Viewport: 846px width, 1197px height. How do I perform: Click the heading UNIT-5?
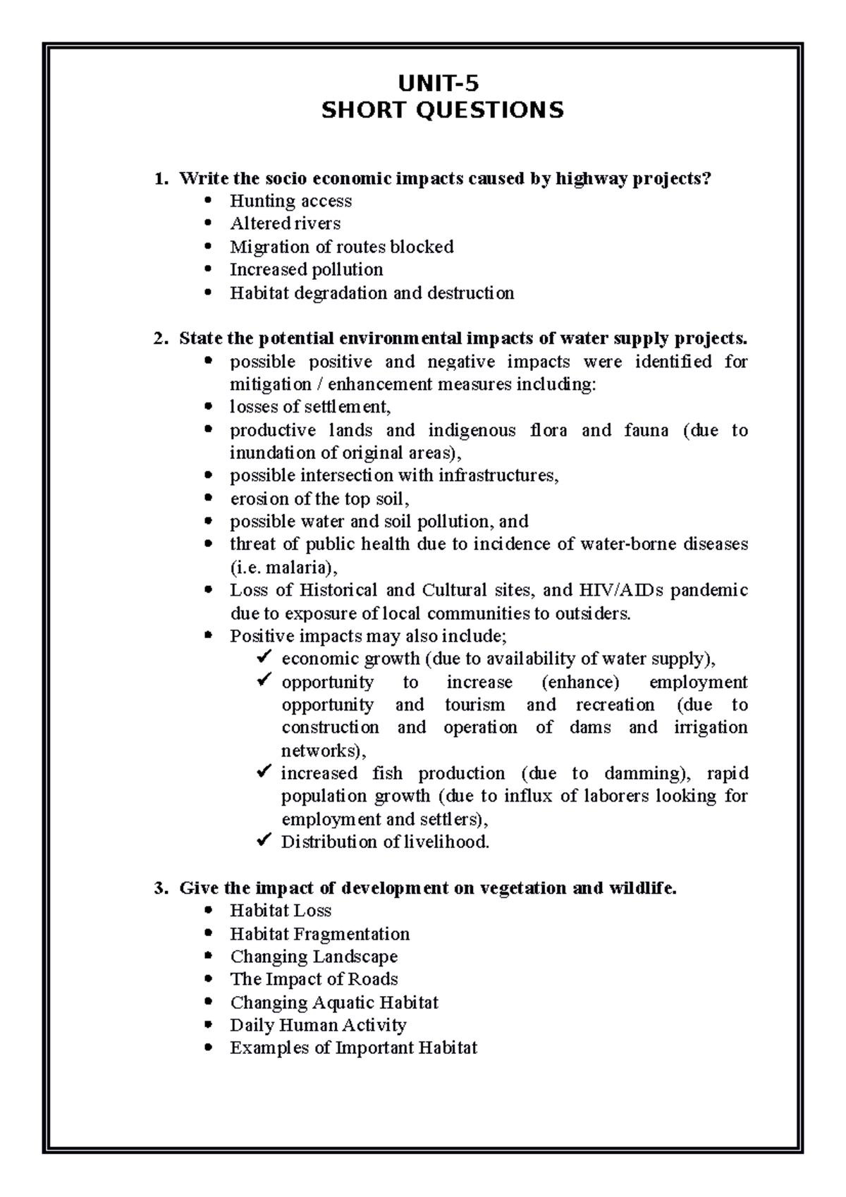click(x=438, y=85)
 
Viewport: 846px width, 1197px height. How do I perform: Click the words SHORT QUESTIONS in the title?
click(x=442, y=111)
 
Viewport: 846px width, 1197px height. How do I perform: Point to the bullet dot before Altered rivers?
click(x=207, y=224)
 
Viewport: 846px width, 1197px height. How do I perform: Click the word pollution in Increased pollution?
click(x=348, y=270)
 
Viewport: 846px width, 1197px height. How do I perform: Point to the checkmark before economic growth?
click(x=264, y=658)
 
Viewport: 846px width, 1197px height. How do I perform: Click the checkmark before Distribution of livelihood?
click(x=264, y=841)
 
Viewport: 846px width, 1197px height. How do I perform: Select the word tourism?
click(x=474, y=705)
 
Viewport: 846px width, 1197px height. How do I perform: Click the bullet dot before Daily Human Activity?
click(x=207, y=1025)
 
